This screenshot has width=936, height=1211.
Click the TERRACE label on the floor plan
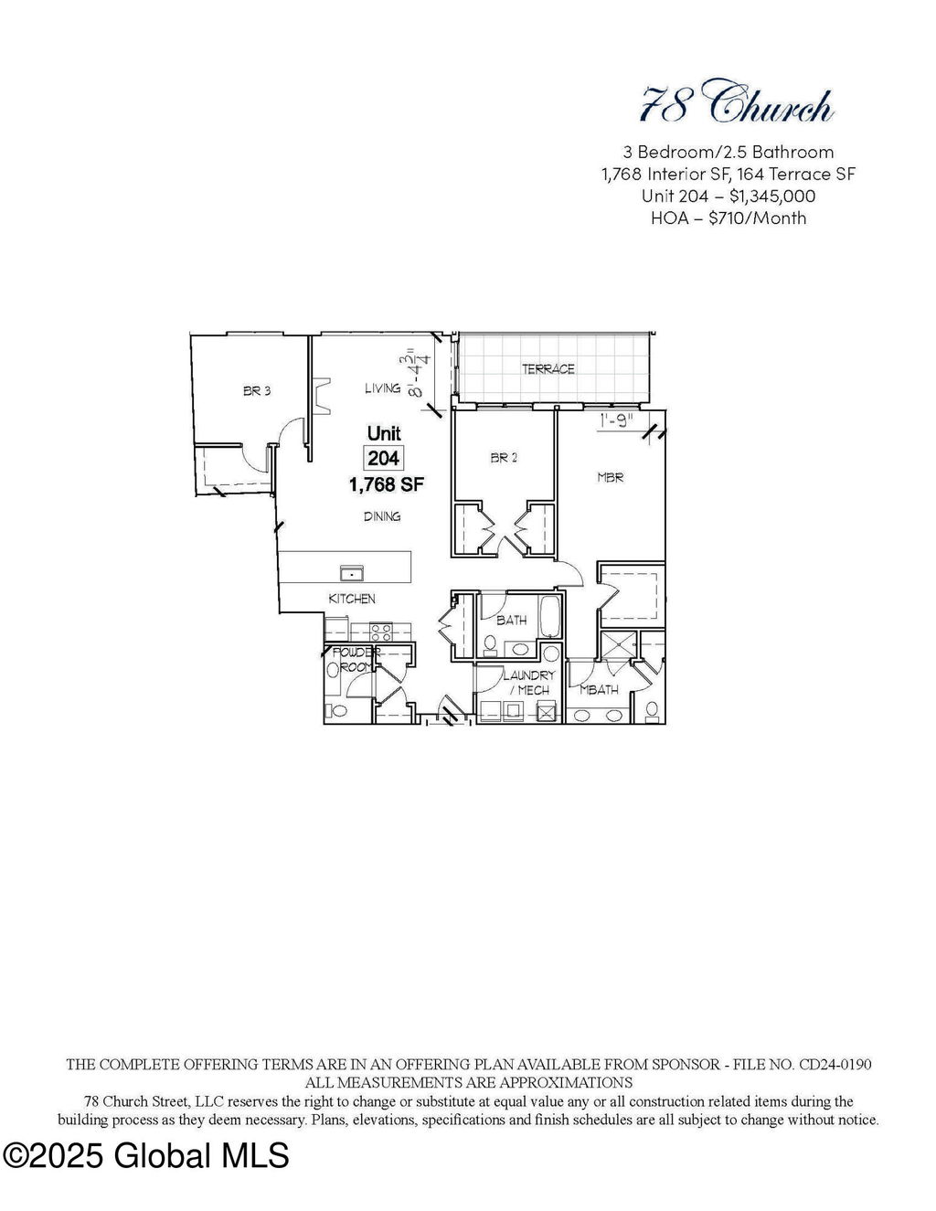click(548, 369)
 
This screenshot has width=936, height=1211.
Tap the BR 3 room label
click(257, 391)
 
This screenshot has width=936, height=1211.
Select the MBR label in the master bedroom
click(610, 477)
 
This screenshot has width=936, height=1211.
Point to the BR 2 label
click(504, 458)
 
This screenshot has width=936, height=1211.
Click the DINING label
click(382, 516)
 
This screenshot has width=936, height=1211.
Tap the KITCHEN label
click(352, 599)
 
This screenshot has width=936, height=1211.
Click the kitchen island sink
click(352, 573)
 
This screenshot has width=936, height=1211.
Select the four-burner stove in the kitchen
click(381, 632)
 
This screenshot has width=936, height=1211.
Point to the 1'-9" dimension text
click(617, 420)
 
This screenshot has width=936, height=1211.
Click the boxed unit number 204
click(383, 458)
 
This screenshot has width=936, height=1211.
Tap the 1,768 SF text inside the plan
click(386, 484)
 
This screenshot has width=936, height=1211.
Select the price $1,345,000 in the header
click(772, 197)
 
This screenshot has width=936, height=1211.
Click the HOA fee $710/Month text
click(757, 218)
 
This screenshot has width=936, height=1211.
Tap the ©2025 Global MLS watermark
click(146, 1154)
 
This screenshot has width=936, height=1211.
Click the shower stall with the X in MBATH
click(619, 644)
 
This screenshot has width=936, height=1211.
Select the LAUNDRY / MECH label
click(528, 683)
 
